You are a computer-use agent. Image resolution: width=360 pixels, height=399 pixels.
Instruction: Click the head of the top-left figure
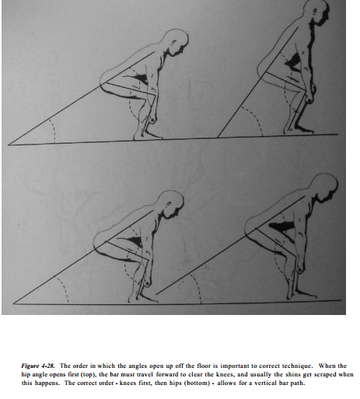(177, 41)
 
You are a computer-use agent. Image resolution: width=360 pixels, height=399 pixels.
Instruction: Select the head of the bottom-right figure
(324, 186)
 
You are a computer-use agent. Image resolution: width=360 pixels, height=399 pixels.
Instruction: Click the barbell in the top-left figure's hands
(152, 121)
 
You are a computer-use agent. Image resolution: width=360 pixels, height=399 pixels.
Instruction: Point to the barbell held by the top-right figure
(309, 100)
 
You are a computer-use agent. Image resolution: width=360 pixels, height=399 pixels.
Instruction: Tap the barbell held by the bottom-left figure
(147, 284)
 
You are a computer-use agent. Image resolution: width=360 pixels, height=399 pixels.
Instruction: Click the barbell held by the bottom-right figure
(300, 270)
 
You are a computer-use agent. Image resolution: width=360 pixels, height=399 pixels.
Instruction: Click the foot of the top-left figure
(148, 135)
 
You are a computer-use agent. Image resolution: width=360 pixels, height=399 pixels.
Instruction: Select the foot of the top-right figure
(299, 130)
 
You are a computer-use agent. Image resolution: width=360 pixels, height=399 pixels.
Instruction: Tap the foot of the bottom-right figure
(302, 296)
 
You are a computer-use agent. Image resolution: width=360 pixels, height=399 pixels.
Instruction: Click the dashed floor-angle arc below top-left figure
(54, 130)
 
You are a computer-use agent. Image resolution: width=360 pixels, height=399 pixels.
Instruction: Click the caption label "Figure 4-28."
(38, 366)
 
